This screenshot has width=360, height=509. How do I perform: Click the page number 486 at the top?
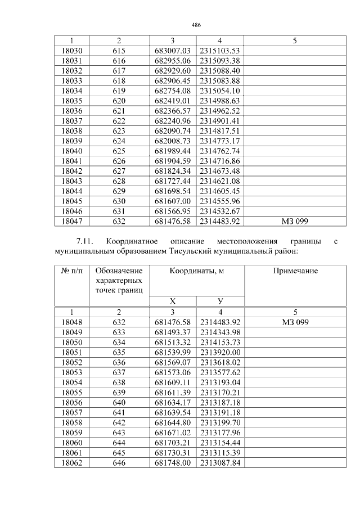point(196,25)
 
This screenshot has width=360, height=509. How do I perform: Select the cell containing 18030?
point(71,51)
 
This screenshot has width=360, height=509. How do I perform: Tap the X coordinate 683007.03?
point(173,51)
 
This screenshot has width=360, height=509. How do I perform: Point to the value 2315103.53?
point(220,51)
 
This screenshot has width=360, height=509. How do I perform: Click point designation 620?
point(119,100)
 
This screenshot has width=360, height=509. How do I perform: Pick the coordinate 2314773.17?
point(220,141)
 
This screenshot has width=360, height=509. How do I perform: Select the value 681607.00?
point(173,201)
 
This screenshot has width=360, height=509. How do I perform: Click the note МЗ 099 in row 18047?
point(295,221)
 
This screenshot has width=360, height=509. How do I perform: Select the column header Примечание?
point(295,271)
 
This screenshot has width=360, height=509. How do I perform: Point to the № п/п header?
point(71,271)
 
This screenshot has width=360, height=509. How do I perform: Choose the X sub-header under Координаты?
point(173,301)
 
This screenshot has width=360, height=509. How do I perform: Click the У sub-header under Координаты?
point(220,301)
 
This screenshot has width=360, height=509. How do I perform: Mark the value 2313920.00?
point(220,352)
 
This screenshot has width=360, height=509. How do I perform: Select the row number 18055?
point(71,392)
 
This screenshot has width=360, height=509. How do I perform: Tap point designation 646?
point(119,463)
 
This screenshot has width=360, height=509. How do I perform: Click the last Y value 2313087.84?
point(220,463)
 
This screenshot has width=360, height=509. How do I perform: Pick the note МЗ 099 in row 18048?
point(295,322)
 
